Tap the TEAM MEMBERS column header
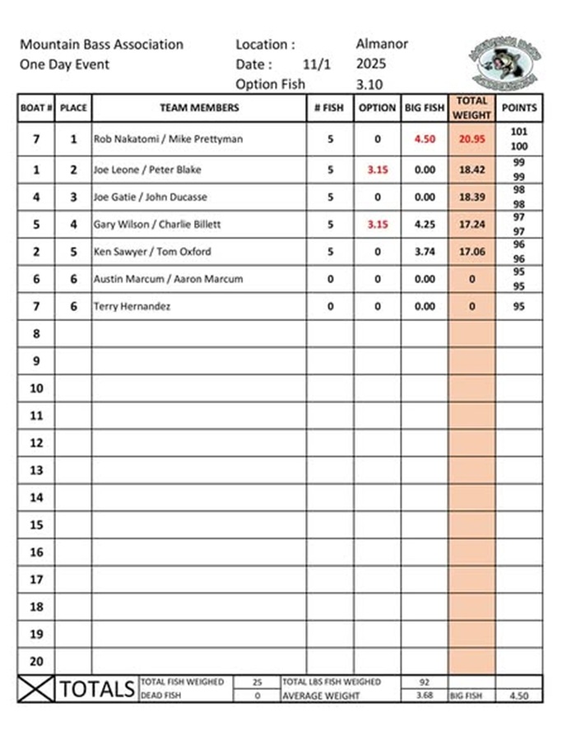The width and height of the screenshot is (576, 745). [199, 108]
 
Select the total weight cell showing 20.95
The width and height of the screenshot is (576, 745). [471, 139]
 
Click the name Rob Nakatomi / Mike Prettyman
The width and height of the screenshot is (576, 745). [168, 139]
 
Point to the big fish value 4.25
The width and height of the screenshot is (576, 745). [425, 224]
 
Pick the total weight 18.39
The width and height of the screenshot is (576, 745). [471, 197]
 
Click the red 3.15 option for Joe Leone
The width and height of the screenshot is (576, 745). [377, 170]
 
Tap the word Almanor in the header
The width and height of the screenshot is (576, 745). [382, 44]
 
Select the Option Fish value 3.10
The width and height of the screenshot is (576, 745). [369, 84]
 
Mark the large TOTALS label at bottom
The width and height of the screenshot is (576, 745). [96, 689]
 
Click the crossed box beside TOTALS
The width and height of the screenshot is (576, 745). [36, 689]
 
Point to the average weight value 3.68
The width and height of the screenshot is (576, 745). [425, 696]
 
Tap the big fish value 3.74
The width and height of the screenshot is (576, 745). [425, 252]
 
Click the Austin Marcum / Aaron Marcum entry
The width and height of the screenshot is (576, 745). [168, 279]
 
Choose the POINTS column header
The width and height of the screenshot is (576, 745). [519, 108]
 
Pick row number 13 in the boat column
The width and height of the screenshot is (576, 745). [36, 470]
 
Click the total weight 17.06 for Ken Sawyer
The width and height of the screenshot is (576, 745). [471, 252]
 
